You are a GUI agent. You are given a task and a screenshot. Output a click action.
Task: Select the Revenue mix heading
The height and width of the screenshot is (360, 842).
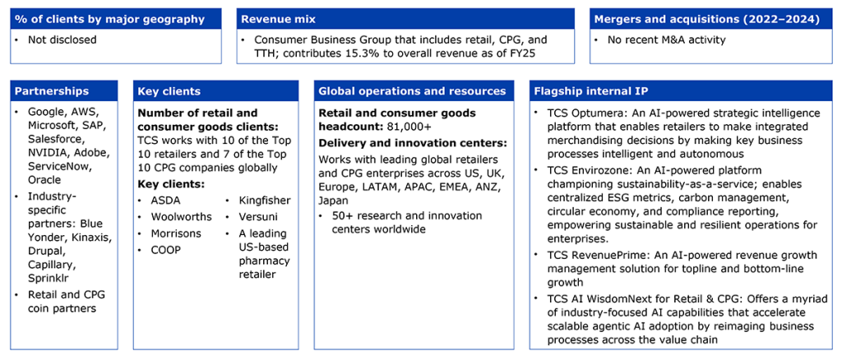click(278, 20)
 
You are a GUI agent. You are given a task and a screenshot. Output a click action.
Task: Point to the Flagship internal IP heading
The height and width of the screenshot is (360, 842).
click(591, 91)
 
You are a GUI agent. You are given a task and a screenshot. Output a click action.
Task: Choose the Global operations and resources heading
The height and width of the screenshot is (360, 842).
click(413, 91)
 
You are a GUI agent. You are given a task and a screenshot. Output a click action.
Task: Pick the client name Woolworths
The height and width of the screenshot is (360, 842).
click(182, 217)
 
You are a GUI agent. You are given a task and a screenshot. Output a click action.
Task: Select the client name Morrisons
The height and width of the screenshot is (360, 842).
click(176, 234)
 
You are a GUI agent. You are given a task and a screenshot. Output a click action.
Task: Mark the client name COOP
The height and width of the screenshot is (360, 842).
click(166, 251)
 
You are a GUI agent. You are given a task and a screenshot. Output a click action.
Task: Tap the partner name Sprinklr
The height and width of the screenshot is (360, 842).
click(48, 277)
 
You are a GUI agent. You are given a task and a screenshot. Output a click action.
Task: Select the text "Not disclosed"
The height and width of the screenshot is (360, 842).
click(62, 39)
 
